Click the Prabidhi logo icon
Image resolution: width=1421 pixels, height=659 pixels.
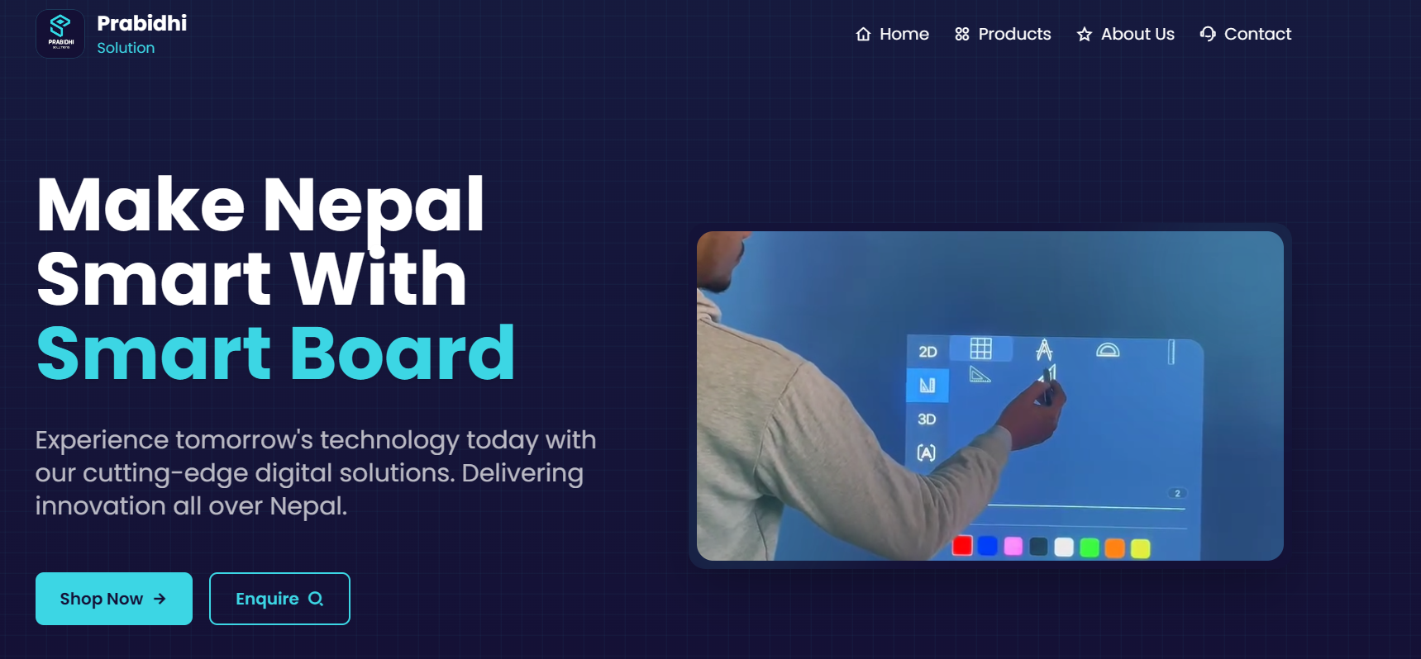(x=60, y=34)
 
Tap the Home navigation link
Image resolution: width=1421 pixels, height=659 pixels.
(x=892, y=34)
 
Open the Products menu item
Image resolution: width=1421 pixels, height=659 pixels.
(x=1003, y=34)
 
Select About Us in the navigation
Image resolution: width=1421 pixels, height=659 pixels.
(x=1125, y=34)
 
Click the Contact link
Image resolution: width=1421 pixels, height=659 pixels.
(x=1245, y=34)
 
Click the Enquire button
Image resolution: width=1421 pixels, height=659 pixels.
(x=279, y=599)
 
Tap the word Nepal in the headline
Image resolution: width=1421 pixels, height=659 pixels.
(x=373, y=206)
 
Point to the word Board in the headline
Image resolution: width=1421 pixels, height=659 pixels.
(x=403, y=353)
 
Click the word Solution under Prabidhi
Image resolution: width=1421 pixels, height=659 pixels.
(x=126, y=48)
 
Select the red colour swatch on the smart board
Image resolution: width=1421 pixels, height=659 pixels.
(x=962, y=545)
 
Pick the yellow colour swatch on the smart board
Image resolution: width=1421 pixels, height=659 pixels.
(x=1140, y=548)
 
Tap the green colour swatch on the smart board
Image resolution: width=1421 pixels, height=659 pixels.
(x=1090, y=548)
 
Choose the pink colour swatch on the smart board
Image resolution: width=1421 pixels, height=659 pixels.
(x=1013, y=546)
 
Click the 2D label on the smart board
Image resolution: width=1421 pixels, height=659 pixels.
(x=927, y=352)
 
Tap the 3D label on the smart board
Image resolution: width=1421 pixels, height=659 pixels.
(x=927, y=420)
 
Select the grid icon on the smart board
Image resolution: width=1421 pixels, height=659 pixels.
(x=980, y=348)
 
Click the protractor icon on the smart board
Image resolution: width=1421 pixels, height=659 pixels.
(x=1108, y=350)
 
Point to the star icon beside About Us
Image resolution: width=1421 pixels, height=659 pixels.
(x=1085, y=34)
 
